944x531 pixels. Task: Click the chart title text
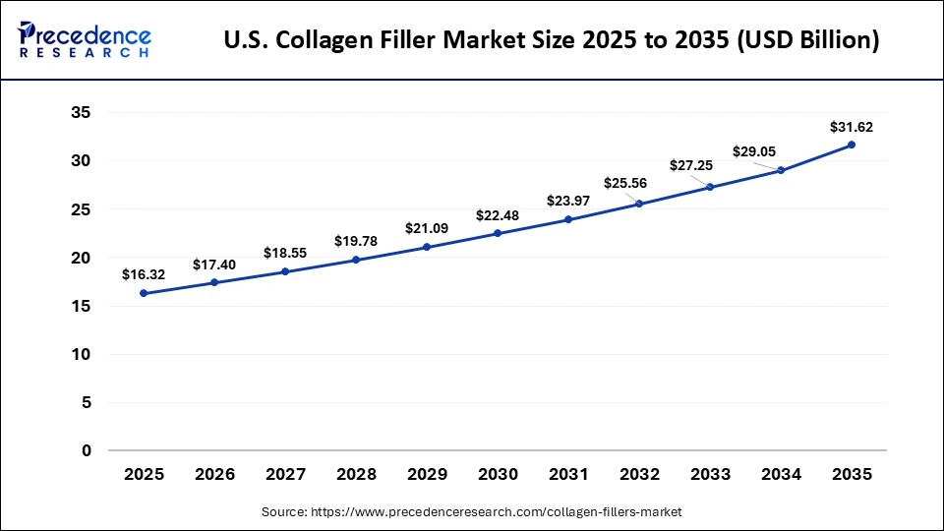[x=552, y=41]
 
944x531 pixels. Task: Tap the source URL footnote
[x=472, y=512]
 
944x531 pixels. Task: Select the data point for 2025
[x=144, y=293]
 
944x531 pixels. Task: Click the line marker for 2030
[x=498, y=233]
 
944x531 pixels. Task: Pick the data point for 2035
[x=852, y=145]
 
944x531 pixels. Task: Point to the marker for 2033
[x=710, y=187]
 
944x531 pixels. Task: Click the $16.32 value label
[x=144, y=275]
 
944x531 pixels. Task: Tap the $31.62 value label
[x=852, y=127]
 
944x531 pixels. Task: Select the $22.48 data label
[x=498, y=215]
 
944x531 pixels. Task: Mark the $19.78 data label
[x=356, y=241]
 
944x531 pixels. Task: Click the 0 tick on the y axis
[x=87, y=451]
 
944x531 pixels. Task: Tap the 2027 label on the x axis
[x=285, y=474]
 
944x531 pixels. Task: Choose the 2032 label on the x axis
[x=639, y=474]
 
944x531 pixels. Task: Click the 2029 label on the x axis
[x=427, y=474]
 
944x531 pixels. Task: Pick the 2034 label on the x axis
[x=781, y=474]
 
